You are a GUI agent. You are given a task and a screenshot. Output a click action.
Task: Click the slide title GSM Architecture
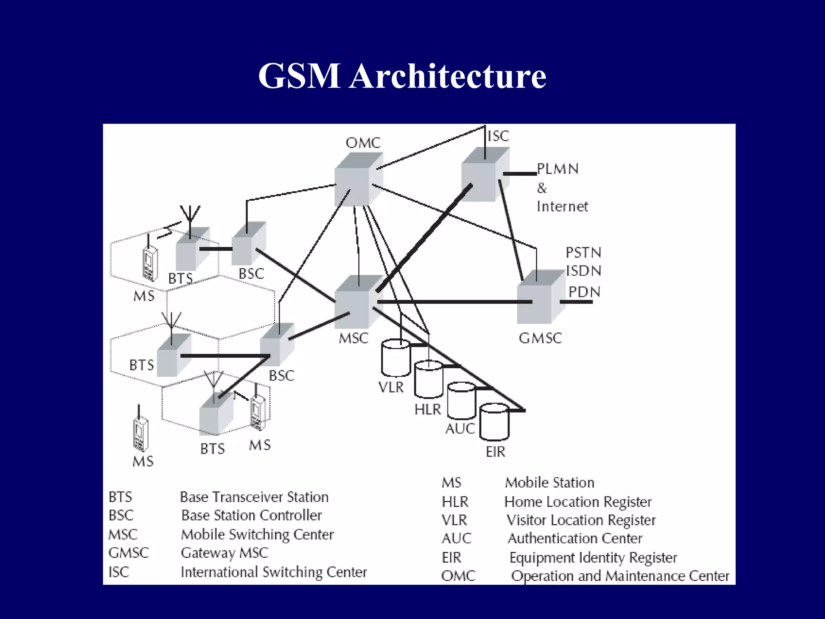402,76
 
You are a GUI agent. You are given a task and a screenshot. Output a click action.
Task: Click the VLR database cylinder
396,357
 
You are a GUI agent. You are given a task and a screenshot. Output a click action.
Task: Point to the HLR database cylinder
429,380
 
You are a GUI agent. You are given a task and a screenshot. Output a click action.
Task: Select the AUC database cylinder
462,401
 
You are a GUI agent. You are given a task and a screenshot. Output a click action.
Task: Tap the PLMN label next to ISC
558,169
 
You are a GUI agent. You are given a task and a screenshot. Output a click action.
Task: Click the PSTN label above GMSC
583,253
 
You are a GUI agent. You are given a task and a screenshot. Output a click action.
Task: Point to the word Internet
562,207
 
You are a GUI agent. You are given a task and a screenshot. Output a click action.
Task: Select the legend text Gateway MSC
224,553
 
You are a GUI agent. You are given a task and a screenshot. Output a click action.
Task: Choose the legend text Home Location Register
578,502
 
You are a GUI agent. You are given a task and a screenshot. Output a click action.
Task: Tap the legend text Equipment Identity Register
593,558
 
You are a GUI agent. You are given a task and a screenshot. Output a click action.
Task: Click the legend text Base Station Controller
251,515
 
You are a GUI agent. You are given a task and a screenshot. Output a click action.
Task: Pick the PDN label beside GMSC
584,292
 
